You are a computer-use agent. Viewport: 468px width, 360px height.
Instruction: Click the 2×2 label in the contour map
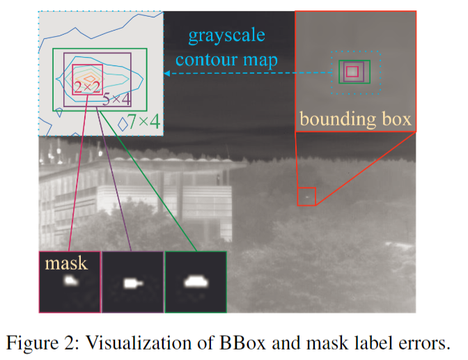point(88,86)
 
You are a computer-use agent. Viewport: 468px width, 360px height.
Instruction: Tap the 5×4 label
point(116,99)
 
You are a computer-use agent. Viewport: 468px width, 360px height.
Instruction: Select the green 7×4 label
point(145,122)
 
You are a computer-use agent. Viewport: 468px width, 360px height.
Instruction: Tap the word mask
point(67,263)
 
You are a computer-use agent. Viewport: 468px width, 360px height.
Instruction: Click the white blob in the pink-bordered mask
point(70,281)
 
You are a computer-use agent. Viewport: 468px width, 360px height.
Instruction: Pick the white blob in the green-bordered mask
point(194,281)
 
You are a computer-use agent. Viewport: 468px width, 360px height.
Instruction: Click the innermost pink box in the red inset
point(352,71)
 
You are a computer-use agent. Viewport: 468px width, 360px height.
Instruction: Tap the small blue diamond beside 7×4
point(123,123)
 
